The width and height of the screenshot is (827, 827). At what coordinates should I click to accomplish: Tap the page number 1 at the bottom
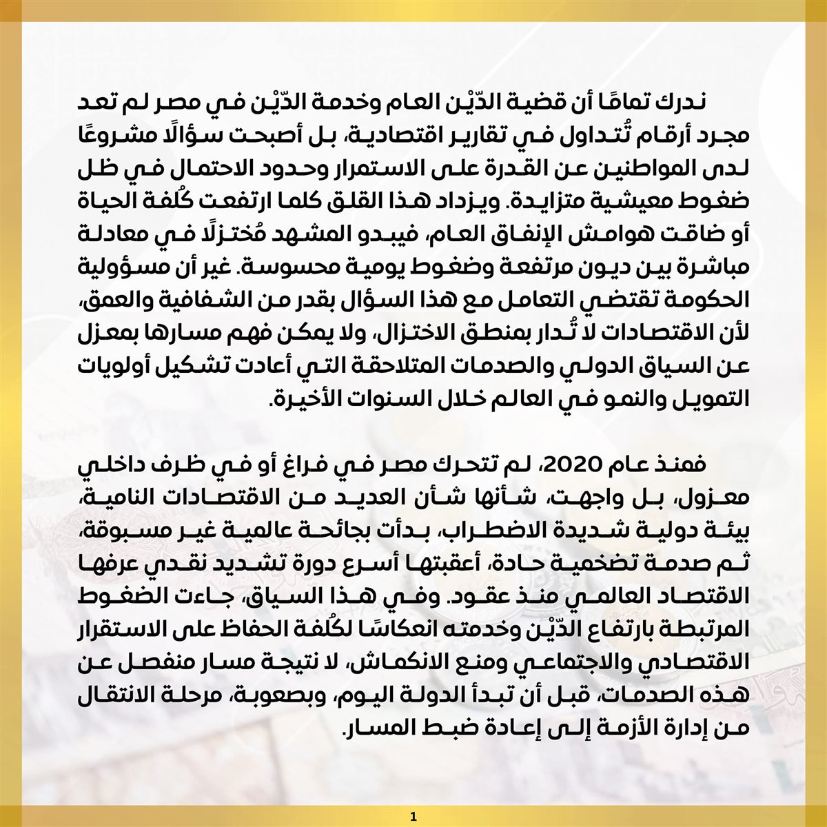point(413,817)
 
